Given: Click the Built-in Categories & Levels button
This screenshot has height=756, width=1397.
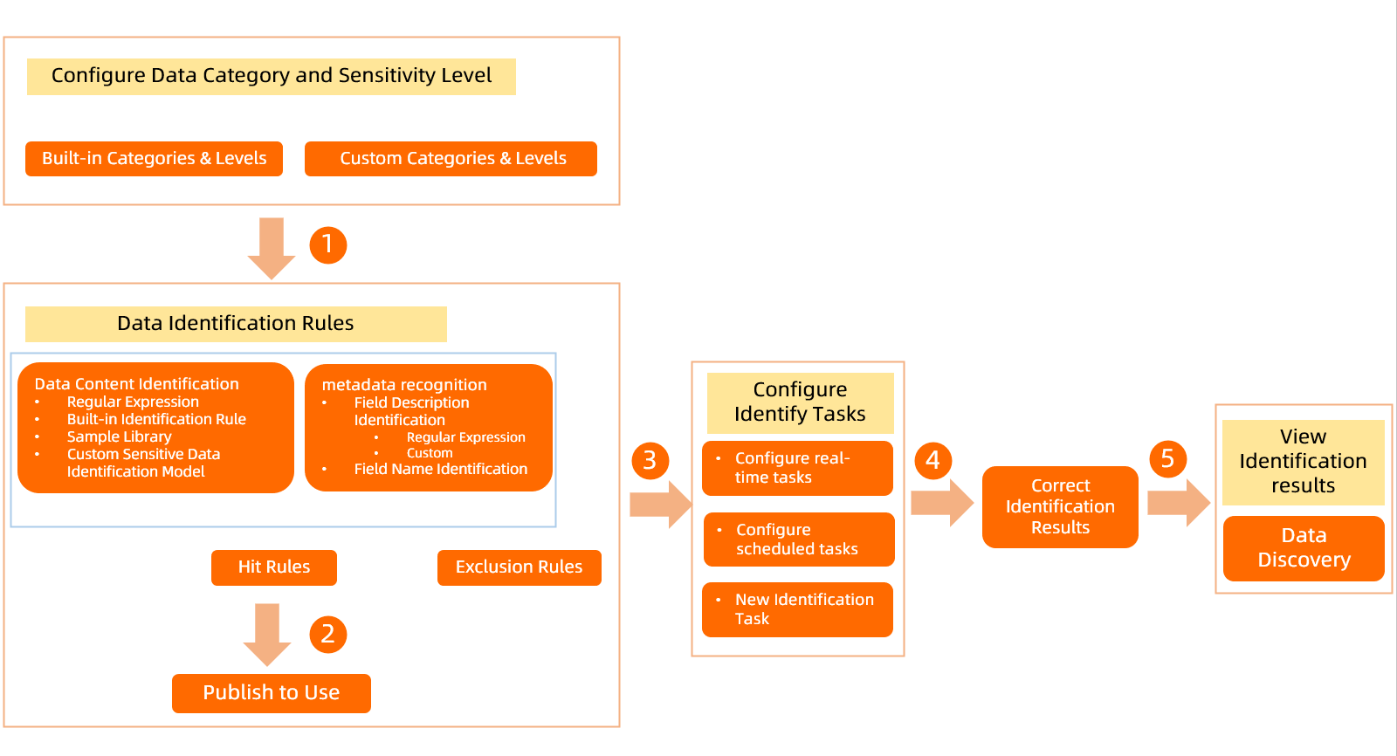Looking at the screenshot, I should (154, 159).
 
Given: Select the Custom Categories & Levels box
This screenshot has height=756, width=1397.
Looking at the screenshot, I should (451, 159).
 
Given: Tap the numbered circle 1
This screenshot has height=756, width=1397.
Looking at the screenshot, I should (328, 244).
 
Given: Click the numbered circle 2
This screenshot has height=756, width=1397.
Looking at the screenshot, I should (328, 634).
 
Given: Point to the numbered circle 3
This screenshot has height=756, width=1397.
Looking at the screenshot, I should (650, 460).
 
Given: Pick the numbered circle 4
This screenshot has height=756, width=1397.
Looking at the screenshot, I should (932, 459).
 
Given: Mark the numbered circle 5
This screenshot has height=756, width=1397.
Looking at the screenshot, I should (1167, 458).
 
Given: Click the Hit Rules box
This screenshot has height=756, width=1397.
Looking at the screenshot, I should (274, 567).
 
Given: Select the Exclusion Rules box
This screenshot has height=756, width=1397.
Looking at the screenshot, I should (519, 567).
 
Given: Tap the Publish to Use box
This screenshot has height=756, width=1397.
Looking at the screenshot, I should (272, 693).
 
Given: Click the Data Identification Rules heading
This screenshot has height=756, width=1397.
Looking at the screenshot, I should (236, 324).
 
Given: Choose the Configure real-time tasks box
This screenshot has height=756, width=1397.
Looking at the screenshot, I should (797, 468).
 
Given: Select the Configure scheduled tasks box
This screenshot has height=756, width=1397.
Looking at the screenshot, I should (799, 540).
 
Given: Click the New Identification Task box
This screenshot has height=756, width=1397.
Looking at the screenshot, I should (797, 609).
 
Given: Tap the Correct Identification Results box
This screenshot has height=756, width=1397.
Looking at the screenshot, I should (1060, 507).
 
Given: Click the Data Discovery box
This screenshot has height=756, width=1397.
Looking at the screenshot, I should (1304, 548).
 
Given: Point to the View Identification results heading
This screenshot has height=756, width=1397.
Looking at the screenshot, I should (1303, 462).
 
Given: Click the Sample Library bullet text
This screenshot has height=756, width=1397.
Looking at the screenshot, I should (120, 436).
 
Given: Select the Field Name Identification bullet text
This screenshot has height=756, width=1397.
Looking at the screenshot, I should (441, 470).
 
